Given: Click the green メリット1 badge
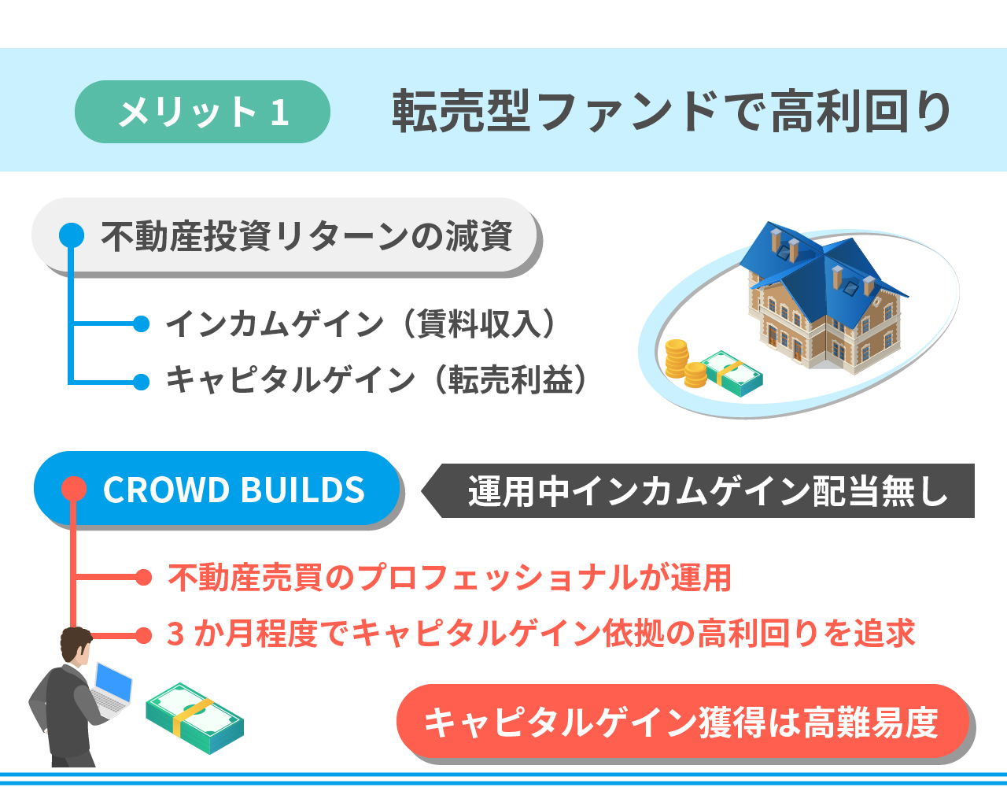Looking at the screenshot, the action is tap(202, 112).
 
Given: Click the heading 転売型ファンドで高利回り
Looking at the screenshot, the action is tap(671, 112).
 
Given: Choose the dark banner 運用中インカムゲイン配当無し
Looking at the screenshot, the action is tap(698, 490).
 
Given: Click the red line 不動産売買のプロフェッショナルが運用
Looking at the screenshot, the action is tap(449, 577).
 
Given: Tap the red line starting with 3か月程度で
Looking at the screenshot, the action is tap(541, 634).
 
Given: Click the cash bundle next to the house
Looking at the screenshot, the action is tap(732, 374).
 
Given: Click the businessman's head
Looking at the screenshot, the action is tap(76, 645).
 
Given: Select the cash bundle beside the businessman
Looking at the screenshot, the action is tap(194, 718).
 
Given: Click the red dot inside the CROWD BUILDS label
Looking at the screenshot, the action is tap(74, 489).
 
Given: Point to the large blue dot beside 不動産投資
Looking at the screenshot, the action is tap(72, 235).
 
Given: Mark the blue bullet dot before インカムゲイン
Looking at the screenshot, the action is tap(142, 324).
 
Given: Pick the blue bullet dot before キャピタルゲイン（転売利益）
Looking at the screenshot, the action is tap(142, 382).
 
